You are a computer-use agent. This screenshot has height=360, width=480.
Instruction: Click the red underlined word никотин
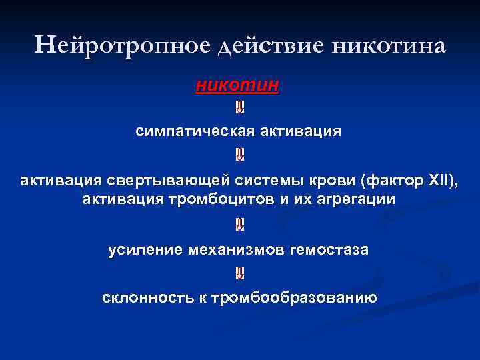[x=238, y=86]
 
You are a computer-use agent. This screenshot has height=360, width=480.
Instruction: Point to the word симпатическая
[x=191, y=131]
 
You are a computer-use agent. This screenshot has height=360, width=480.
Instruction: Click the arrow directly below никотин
[x=239, y=107]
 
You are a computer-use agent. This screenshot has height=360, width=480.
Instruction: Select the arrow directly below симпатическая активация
[x=239, y=155]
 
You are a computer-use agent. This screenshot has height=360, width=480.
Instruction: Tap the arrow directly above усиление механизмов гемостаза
[x=239, y=225]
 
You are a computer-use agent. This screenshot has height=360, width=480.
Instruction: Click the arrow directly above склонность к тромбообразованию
[x=239, y=273]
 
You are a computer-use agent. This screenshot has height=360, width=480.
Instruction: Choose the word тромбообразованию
[x=294, y=297]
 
